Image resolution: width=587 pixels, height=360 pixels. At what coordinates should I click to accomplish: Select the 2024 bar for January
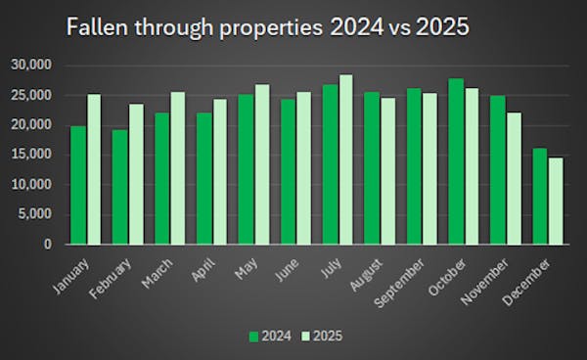(x=78, y=185)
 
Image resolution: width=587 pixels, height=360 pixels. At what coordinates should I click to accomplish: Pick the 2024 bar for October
(x=456, y=161)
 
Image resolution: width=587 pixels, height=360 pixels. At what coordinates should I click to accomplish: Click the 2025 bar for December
(x=556, y=201)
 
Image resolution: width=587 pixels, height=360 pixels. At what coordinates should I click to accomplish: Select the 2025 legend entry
(x=321, y=336)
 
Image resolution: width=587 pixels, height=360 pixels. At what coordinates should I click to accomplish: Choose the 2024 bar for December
(x=540, y=196)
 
